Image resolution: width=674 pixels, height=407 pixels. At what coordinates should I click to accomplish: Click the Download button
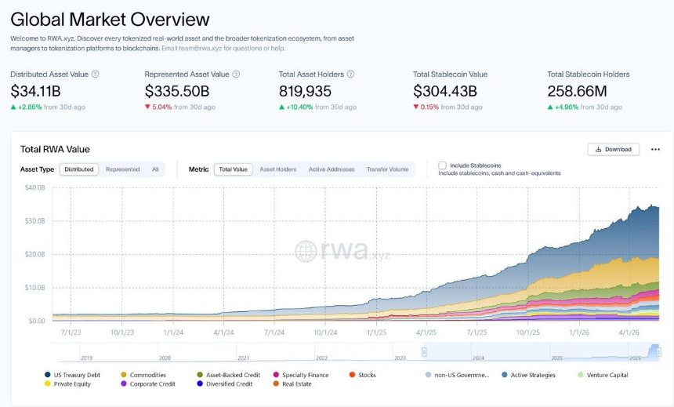613,149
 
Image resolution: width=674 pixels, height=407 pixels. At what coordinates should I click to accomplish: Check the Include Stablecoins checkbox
442,165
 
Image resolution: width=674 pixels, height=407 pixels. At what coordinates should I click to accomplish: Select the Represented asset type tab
122,169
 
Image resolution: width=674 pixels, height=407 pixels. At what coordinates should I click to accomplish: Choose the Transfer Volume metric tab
387,169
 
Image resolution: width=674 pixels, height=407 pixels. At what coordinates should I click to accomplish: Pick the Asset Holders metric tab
278,169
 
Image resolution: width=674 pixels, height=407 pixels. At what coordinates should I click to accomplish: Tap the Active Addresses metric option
332,169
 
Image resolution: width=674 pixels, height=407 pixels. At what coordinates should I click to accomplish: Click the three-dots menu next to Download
655,149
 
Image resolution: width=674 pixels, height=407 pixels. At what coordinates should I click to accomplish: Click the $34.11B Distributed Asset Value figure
36,91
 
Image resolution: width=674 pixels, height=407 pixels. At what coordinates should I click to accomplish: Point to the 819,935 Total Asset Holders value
305,91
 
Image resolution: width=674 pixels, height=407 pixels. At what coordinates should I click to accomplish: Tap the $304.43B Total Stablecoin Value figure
445,91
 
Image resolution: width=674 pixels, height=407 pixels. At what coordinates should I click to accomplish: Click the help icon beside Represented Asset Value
236,74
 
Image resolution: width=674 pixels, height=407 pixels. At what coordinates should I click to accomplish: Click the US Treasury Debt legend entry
73,375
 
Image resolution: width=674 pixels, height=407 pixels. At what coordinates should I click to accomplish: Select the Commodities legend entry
143,375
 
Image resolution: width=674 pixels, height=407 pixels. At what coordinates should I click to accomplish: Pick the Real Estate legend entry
292,383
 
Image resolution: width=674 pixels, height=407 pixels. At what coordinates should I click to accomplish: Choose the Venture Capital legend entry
603,375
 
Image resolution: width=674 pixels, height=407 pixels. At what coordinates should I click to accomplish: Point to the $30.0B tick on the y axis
34,220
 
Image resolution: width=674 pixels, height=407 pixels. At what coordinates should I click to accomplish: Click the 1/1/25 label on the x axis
376,333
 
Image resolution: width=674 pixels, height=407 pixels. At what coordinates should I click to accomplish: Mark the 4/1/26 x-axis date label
629,333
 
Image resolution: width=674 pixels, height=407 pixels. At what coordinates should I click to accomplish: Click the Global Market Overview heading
110,20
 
